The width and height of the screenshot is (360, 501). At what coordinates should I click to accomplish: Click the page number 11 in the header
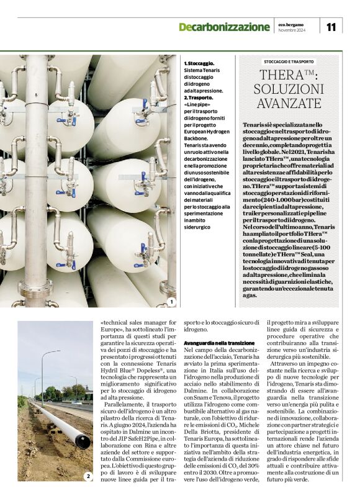tap(331, 27)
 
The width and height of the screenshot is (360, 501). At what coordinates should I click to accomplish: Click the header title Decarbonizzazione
tap(224, 27)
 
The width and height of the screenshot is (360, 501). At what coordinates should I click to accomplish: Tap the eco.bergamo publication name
tap(292, 24)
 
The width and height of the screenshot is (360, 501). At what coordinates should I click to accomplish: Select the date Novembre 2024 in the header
tap(292, 30)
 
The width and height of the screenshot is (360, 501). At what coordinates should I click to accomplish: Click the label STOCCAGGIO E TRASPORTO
tap(289, 61)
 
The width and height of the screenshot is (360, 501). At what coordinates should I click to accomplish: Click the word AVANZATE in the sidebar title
tap(289, 103)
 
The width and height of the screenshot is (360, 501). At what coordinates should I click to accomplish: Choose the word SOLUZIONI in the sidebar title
tap(289, 89)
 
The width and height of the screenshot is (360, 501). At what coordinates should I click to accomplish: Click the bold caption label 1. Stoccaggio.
tap(199, 63)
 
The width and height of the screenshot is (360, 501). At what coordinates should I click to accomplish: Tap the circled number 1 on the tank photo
tap(171, 302)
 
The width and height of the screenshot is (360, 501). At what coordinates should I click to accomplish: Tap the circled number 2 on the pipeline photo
tap(88, 476)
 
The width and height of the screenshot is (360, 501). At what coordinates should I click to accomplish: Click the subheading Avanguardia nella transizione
tap(215, 342)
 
